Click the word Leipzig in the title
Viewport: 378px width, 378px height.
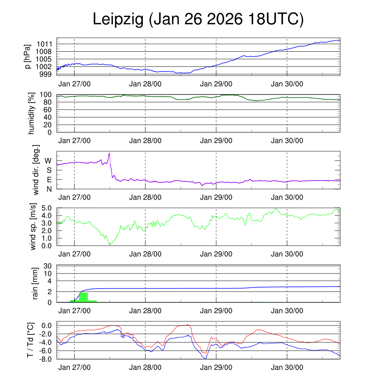click(118, 19)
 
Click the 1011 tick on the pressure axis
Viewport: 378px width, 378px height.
click(46, 44)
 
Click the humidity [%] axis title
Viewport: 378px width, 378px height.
click(31, 113)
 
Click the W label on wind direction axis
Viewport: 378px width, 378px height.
click(48, 161)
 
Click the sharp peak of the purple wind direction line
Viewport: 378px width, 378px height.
click(109, 153)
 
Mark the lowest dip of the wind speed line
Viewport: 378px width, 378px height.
click(110, 244)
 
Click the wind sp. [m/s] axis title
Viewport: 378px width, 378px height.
click(34, 226)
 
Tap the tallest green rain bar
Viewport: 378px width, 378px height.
click(83, 297)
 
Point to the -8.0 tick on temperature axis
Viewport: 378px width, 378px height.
click(47, 359)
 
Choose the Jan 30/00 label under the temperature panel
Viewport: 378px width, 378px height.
click(287, 368)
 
